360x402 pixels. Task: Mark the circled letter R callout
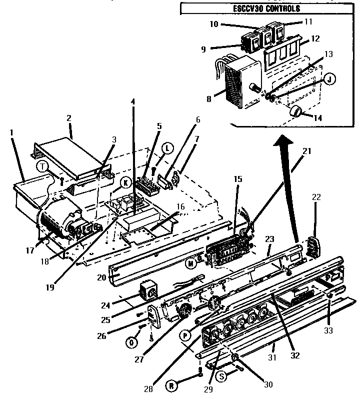[172, 384]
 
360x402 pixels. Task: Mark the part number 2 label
[69, 118]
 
